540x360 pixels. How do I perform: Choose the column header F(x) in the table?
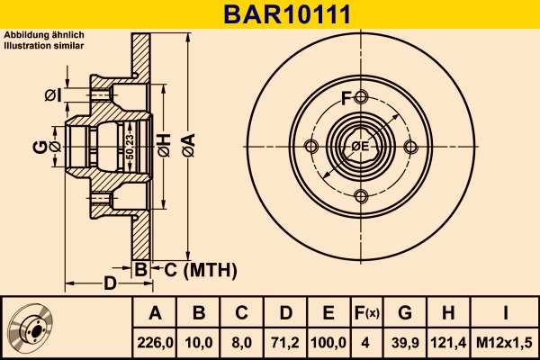click(365, 313)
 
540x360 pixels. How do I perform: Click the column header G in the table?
click(404, 313)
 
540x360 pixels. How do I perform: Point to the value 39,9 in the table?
click(404, 343)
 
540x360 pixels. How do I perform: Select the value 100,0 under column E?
click(328, 343)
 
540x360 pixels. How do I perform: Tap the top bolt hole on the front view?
click(361, 98)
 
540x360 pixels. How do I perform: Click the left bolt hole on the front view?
click(311, 148)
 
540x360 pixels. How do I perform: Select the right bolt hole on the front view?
click(410, 148)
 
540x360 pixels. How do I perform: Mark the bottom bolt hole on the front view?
click(361, 197)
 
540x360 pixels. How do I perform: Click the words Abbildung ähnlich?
click(44, 34)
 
